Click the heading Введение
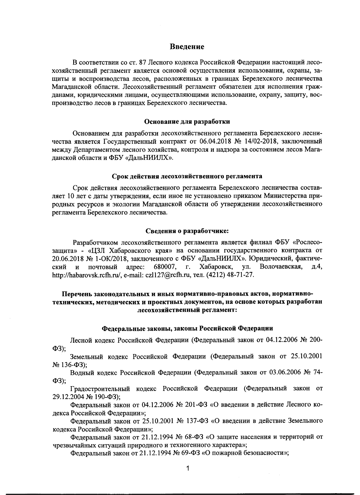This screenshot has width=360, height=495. coord(187,47)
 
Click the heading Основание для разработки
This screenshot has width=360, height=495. coord(187,122)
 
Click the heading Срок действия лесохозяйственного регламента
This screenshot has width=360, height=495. coord(187,176)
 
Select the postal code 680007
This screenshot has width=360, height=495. coord(165,267)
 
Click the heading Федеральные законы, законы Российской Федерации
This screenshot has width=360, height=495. coord(187,328)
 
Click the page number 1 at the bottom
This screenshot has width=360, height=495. coord(187,469)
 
